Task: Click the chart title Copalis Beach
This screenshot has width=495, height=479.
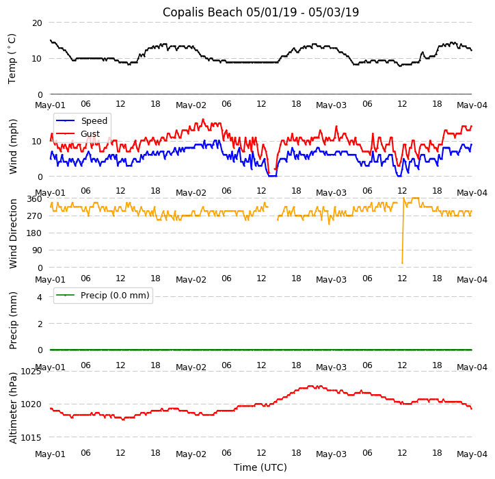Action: tap(260, 12)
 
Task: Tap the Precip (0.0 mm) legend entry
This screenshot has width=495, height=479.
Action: tap(114, 296)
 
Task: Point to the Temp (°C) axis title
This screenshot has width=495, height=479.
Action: tap(12, 58)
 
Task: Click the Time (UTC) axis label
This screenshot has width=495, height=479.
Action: tap(260, 467)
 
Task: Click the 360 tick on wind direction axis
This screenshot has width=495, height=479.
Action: tap(34, 199)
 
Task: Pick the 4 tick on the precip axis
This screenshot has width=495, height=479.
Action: tap(40, 297)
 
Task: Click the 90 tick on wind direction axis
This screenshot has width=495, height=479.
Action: tap(37, 250)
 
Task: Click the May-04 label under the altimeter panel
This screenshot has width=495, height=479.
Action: tap(472, 454)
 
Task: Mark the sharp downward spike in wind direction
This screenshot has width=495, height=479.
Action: tap(402, 262)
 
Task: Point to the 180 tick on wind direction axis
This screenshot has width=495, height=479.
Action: tap(34, 233)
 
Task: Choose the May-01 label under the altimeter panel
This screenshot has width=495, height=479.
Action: tap(50, 454)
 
